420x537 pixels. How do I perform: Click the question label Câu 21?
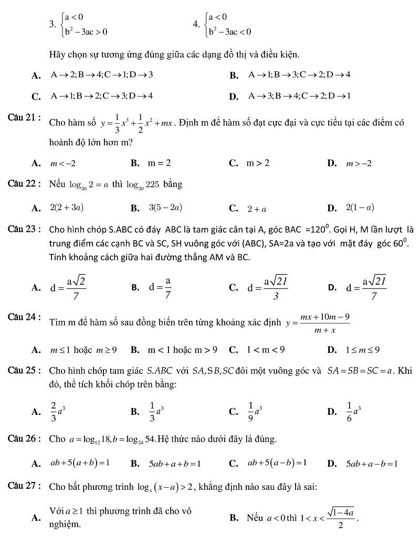click(25, 116)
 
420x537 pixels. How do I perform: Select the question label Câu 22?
click(25, 184)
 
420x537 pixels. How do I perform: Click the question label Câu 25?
click(25, 371)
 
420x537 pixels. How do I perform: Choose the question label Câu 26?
click(25, 438)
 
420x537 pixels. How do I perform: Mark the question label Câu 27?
click(25, 486)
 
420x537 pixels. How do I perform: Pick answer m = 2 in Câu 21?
click(159, 164)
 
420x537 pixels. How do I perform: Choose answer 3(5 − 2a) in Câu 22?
click(165, 208)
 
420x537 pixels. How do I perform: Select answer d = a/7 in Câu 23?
click(160, 287)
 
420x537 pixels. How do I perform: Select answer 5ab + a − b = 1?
click(371, 464)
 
